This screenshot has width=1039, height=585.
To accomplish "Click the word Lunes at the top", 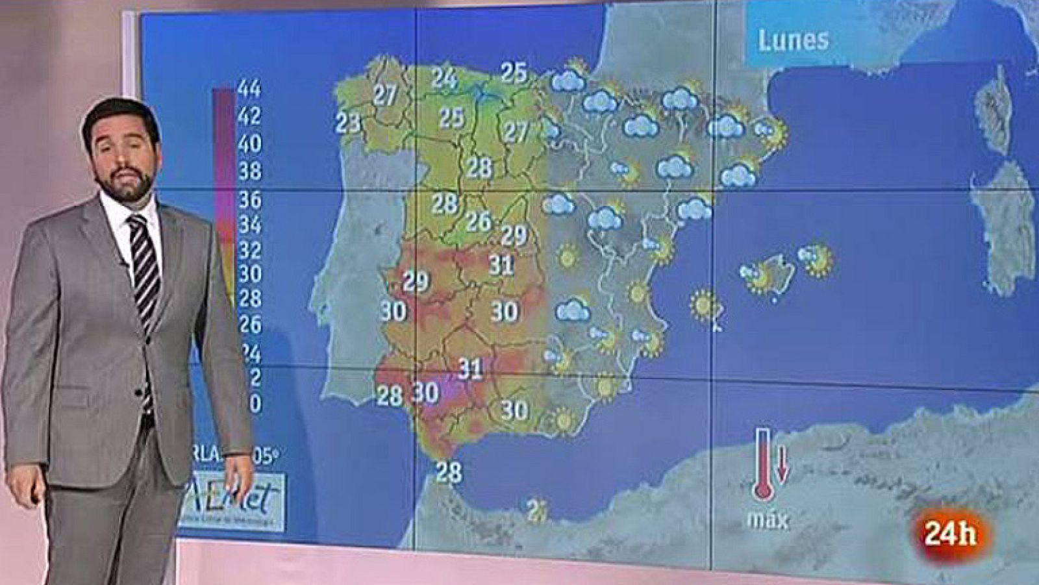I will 793,40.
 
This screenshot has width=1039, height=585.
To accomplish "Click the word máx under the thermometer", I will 769,520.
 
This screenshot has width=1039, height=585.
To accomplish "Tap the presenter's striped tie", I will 144,273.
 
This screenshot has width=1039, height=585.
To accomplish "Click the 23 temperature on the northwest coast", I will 348,121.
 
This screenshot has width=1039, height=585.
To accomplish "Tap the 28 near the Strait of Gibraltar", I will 448,472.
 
